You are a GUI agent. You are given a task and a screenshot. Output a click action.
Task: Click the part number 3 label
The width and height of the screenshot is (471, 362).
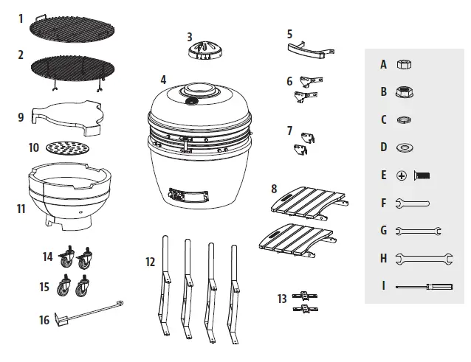coord(189,36)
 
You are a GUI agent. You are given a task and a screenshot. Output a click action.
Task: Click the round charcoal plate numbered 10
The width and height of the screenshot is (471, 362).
coord(66,148)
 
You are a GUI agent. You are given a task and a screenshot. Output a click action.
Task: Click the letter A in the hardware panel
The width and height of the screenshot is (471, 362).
coord(383,64)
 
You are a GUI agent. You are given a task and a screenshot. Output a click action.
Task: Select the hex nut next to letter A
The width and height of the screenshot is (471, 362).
coord(404,65)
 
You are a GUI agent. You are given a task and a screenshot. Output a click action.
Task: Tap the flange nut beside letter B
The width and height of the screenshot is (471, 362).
coord(405,92)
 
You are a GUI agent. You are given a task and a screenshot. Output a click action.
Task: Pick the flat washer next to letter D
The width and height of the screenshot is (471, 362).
coord(405,147)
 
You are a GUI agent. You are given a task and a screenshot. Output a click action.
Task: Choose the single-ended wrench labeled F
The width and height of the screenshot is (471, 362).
coord(412,203)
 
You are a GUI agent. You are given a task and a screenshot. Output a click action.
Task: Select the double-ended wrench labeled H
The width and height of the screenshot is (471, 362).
coord(417,257)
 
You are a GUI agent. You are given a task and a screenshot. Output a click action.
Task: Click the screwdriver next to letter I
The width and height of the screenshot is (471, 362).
coord(423,285)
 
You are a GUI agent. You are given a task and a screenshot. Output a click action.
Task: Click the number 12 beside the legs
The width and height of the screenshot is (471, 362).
coord(151,262)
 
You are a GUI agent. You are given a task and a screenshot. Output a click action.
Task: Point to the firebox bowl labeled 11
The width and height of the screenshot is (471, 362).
coord(69,195)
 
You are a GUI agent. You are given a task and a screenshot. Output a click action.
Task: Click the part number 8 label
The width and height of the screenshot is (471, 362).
coord(274,189)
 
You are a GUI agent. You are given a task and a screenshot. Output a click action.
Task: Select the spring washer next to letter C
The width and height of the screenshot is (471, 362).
coord(404,119)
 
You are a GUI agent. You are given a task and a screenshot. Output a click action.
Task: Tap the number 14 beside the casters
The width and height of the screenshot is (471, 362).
coord(48,257)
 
